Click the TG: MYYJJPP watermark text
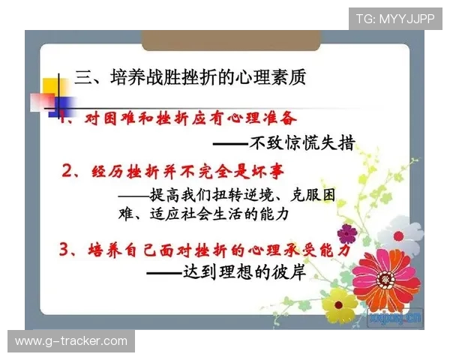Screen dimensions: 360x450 tap(394, 19)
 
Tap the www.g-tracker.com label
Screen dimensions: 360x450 tap(71, 341)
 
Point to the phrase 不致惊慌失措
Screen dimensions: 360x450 tap(301, 142)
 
